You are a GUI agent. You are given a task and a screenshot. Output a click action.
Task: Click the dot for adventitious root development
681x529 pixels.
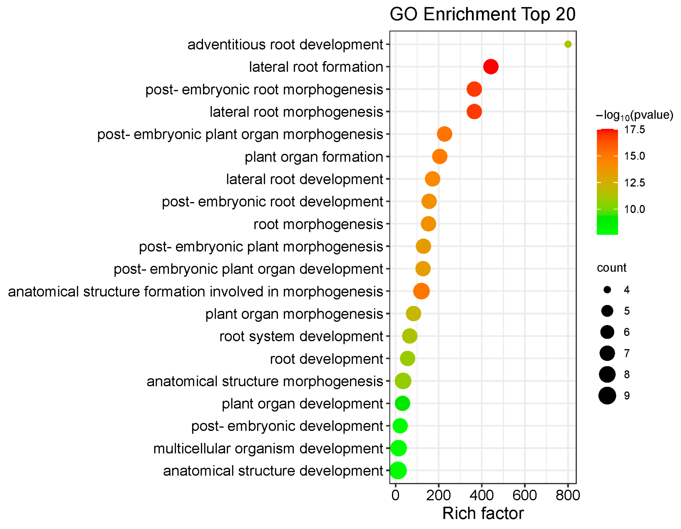click(568, 44)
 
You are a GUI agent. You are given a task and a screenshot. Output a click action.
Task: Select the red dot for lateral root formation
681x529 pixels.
click(491, 67)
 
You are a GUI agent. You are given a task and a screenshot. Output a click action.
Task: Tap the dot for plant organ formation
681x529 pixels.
click(440, 156)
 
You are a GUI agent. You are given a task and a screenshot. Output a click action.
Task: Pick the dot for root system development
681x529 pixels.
click(410, 336)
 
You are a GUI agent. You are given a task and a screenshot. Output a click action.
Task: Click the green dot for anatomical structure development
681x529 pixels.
click(398, 471)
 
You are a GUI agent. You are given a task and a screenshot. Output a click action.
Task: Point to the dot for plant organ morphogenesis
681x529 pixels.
click(413, 314)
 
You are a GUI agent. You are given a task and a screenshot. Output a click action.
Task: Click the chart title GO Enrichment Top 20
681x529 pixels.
click(482, 14)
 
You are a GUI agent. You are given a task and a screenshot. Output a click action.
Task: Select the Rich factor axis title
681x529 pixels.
click(483, 513)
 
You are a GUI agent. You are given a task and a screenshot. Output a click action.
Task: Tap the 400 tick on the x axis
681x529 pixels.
click(482, 495)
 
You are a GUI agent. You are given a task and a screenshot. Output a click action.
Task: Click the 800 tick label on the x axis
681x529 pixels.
click(568, 495)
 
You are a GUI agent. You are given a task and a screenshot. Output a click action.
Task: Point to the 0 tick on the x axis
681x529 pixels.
click(395, 495)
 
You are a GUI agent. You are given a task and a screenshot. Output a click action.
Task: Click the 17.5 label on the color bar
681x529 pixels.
click(634, 130)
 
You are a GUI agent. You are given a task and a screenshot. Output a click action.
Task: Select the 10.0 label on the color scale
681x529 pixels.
click(634, 209)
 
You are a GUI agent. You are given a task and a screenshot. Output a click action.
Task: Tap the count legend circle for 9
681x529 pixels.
click(607, 396)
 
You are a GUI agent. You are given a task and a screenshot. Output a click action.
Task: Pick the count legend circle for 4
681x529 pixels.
click(607, 290)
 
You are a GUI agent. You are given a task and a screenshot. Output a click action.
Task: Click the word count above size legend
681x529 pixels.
click(611, 268)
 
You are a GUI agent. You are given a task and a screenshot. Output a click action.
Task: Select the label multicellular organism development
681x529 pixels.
click(268, 449)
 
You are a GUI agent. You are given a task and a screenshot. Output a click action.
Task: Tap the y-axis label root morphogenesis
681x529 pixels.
click(318, 224)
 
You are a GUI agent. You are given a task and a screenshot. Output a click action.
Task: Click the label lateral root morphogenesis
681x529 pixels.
click(296, 112)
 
